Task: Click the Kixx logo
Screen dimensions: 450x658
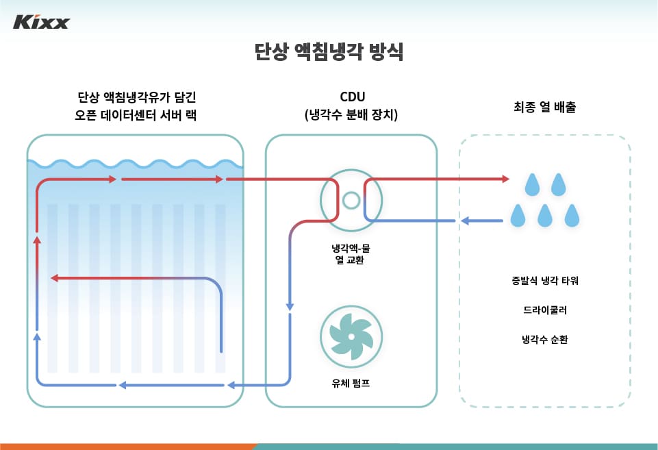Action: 41,23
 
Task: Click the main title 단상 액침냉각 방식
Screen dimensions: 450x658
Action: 329,52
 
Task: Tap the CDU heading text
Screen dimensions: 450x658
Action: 351,97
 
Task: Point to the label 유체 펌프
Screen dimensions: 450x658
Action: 351,384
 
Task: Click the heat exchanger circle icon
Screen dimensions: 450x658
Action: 351,200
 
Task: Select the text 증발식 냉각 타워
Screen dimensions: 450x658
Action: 545,281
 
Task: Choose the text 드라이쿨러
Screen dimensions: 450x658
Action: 545,310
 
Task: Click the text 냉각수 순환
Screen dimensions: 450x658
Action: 545,339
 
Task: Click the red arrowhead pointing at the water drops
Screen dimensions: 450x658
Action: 505,179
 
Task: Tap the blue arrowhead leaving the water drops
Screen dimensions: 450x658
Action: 464,221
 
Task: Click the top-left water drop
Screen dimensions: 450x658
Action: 531,184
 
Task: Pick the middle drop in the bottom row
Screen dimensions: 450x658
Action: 545,216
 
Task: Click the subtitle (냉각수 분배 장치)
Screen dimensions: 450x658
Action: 351,115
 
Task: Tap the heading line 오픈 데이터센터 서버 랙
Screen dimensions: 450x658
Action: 136,115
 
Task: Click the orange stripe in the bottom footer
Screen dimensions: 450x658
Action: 123,446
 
